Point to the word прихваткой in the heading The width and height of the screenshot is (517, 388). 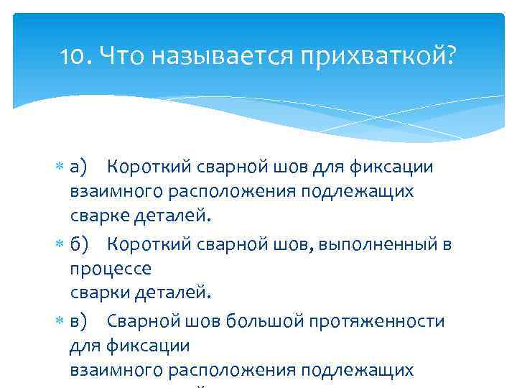[386, 55]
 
